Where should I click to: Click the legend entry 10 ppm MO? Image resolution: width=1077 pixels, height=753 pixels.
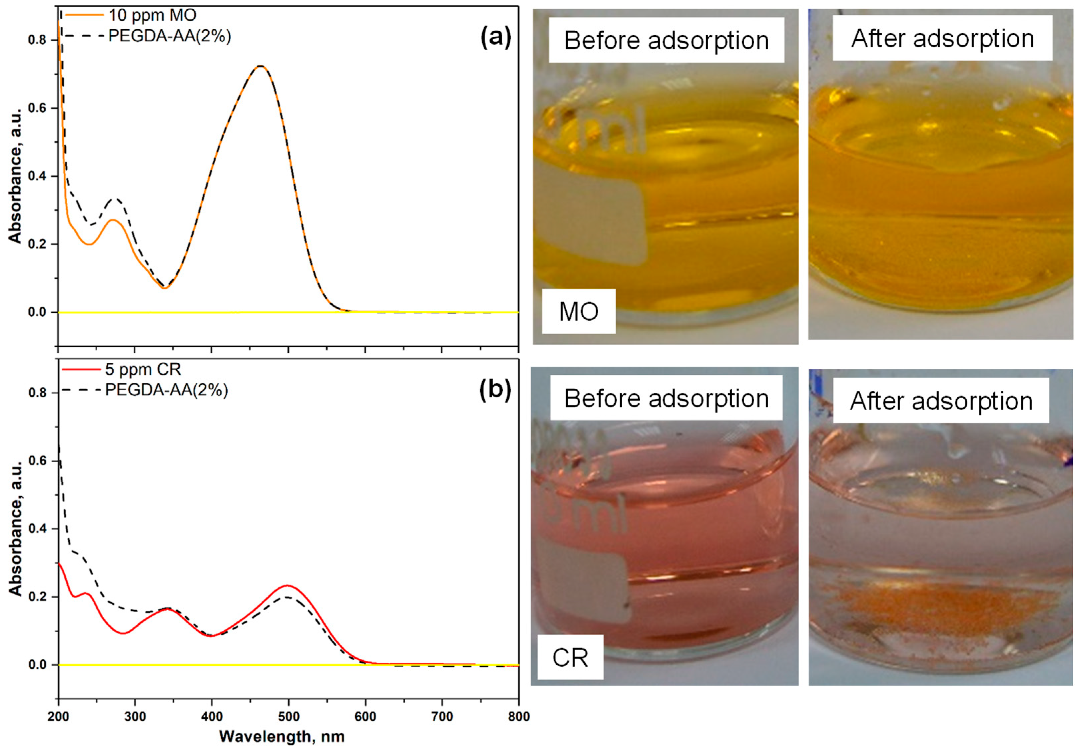pyautogui.click(x=153, y=15)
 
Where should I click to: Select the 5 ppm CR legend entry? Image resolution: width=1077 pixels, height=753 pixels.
pyautogui.click(x=143, y=369)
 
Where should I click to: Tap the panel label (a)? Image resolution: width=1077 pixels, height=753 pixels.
pyautogui.click(x=496, y=38)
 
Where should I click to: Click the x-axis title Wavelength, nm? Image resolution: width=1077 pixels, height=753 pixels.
pyautogui.click(x=282, y=737)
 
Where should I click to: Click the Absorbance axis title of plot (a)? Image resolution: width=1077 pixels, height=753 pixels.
pyautogui.click(x=15, y=176)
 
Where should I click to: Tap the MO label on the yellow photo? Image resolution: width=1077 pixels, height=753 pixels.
pyautogui.click(x=578, y=311)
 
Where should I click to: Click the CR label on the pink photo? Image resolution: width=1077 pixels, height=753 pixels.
pyautogui.click(x=570, y=657)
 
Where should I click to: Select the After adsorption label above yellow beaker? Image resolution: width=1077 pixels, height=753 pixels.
pyautogui.click(x=942, y=38)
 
